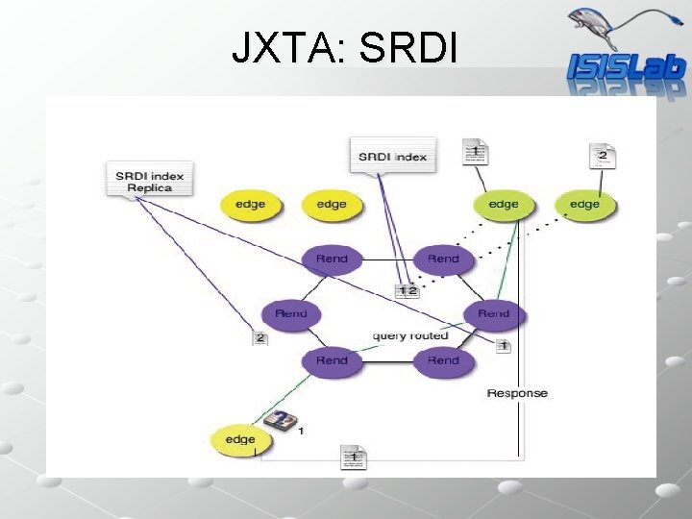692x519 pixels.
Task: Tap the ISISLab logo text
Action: coord(626,66)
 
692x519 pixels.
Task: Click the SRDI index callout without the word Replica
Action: coord(392,157)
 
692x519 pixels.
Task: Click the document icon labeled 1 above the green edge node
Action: coord(476,152)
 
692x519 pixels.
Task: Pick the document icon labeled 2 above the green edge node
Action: coord(603,155)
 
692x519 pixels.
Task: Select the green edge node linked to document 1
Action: coord(504,205)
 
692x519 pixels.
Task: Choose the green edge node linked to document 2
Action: coord(584,205)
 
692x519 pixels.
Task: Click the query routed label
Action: coord(410,336)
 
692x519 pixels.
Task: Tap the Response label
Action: coord(517,393)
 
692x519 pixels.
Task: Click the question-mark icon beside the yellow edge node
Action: coord(280,421)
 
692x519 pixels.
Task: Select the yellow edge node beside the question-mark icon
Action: coord(240,440)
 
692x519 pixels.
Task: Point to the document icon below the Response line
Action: coord(353,458)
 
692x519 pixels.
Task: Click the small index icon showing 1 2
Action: coord(408,290)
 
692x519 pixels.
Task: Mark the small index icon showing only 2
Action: coord(259,337)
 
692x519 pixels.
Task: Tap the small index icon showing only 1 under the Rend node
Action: coord(503,346)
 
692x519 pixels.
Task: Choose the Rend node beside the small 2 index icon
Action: coord(291,313)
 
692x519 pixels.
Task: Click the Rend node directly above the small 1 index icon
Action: coord(493,313)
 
